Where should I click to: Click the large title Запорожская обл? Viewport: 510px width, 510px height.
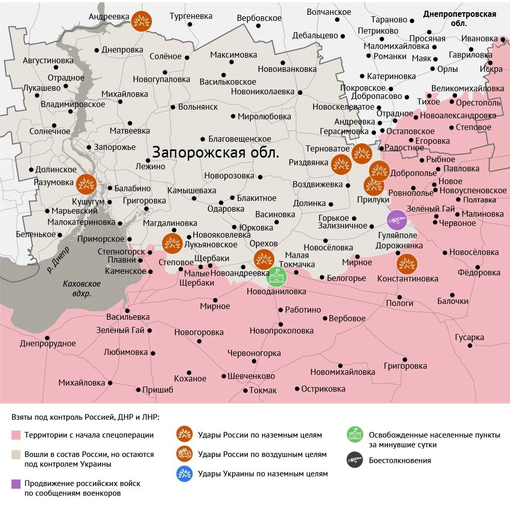(x=216, y=152)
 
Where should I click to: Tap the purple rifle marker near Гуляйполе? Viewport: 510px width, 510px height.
(x=396, y=220)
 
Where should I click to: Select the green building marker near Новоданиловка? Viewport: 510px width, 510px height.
(x=277, y=276)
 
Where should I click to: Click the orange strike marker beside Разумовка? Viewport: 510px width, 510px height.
(x=87, y=183)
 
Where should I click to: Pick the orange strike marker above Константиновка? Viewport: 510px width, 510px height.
(x=407, y=263)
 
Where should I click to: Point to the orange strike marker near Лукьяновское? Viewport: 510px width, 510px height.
(x=172, y=243)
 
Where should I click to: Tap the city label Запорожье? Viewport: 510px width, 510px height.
(x=115, y=147)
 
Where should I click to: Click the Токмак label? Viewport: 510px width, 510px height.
(x=263, y=390)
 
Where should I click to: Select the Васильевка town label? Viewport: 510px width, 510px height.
(x=128, y=317)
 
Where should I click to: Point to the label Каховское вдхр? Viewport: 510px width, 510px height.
(x=82, y=289)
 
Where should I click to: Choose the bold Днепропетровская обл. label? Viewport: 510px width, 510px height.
(x=460, y=18)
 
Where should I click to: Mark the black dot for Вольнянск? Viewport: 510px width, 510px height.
(x=173, y=107)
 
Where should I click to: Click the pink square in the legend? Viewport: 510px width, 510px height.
(x=16, y=435)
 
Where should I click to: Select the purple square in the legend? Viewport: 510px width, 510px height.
(x=16, y=483)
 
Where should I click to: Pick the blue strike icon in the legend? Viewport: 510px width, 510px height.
(x=184, y=473)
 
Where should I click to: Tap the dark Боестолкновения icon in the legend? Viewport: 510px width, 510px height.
(x=354, y=460)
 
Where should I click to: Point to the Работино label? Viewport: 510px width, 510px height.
(x=303, y=310)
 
